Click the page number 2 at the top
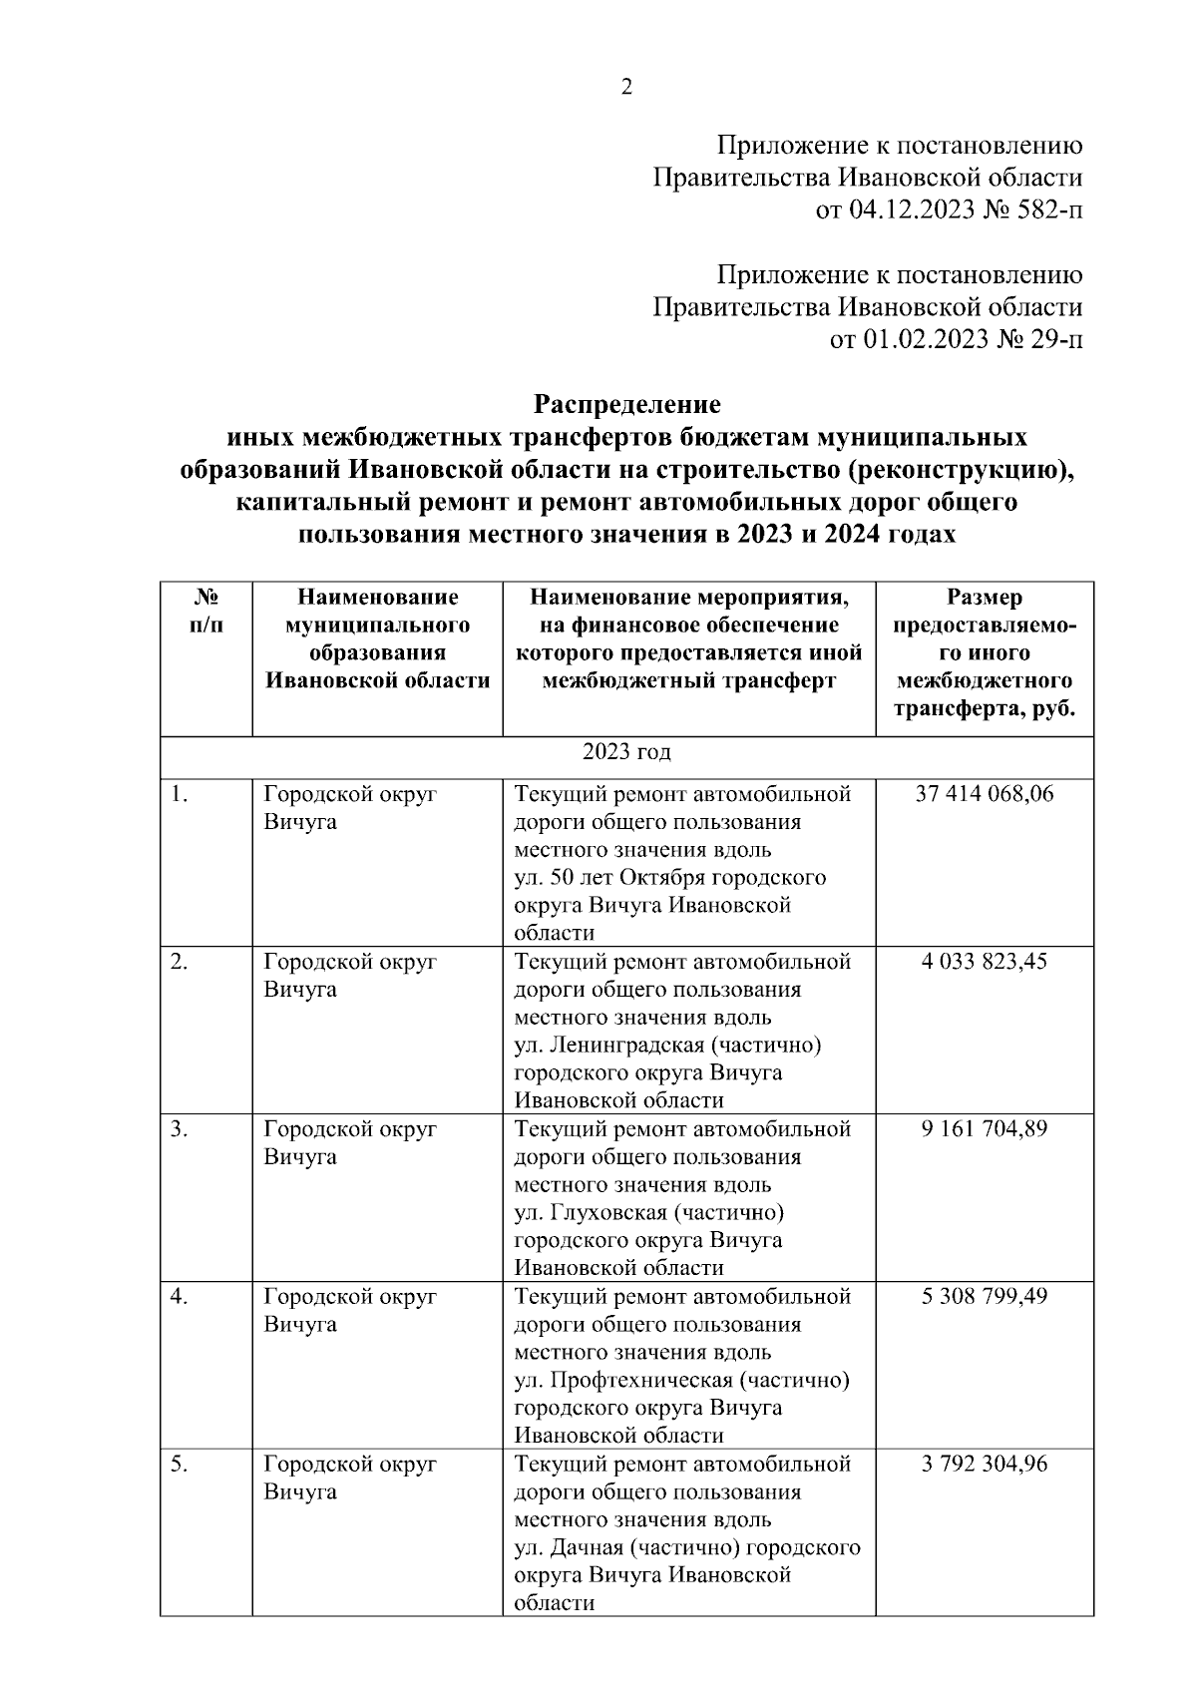[626, 88]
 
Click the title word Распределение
[626, 405]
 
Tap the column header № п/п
[206, 612]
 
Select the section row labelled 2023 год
[626, 752]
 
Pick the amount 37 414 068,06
[985, 794]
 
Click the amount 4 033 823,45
[985, 962]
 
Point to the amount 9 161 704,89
[985, 1129]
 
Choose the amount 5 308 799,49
[985, 1297]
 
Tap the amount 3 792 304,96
[985, 1465]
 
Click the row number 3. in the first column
[180, 1129]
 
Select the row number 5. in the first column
[180, 1465]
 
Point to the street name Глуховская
[604, 1213]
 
